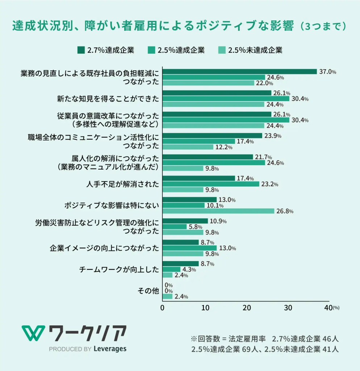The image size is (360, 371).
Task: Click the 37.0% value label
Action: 327,71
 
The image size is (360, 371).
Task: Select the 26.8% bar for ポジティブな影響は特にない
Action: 218,211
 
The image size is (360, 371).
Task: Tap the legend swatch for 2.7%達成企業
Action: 80,50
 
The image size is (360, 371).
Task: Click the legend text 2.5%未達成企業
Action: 255,50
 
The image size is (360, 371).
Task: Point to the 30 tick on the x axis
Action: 288,308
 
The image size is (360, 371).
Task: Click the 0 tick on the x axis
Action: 162,308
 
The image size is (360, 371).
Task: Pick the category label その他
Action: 148,291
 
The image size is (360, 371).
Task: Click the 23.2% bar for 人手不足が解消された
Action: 211,184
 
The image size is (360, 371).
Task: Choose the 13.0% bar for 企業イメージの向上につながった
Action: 189,248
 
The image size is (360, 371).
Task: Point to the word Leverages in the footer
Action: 110,349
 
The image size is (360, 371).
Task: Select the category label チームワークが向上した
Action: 119,270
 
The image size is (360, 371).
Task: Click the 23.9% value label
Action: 273,136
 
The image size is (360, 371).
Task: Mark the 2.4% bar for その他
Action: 167,296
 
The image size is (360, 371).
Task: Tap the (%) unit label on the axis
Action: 336,308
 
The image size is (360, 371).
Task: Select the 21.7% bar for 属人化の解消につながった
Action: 208,157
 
